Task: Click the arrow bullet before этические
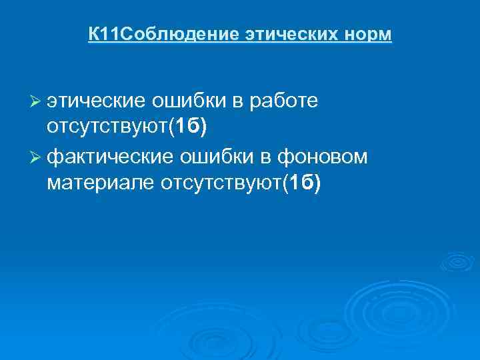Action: (37, 101)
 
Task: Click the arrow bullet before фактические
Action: (37, 157)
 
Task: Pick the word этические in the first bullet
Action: (96, 101)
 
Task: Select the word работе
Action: (285, 101)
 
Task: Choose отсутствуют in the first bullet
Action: (107, 127)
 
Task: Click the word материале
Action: (100, 183)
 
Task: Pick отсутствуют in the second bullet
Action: (219, 183)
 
